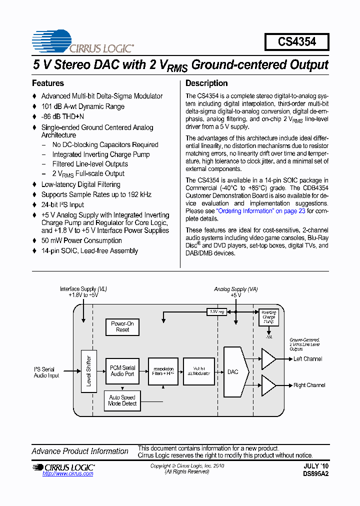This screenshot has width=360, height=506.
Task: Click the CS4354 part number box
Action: click(x=297, y=42)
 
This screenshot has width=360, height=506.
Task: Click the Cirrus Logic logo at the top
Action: click(x=83, y=42)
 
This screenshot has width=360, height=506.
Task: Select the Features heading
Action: click(x=48, y=83)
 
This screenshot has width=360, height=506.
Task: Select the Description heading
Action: click(x=206, y=83)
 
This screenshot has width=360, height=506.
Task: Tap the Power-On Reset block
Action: click(x=122, y=327)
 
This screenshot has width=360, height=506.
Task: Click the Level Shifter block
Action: click(x=88, y=371)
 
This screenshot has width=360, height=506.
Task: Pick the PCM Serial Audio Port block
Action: click(x=122, y=371)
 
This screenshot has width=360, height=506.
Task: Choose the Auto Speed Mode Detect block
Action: click(x=122, y=400)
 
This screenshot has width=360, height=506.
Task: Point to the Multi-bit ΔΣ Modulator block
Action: click(x=198, y=371)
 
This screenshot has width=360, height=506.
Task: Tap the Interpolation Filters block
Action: click(x=163, y=371)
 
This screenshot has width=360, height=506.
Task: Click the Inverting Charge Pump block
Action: click(x=268, y=317)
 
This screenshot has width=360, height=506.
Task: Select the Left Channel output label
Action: click(x=307, y=359)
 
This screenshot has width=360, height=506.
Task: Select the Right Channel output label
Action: click(x=309, y=385)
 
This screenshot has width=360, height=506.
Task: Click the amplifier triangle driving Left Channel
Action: click(x=267, y=359)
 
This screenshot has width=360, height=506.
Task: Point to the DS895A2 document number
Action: click(x=315, y=473)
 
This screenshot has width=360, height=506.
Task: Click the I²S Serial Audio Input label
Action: click(x=46, y=372)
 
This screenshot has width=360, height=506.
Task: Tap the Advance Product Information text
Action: click(x=80, y=451)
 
